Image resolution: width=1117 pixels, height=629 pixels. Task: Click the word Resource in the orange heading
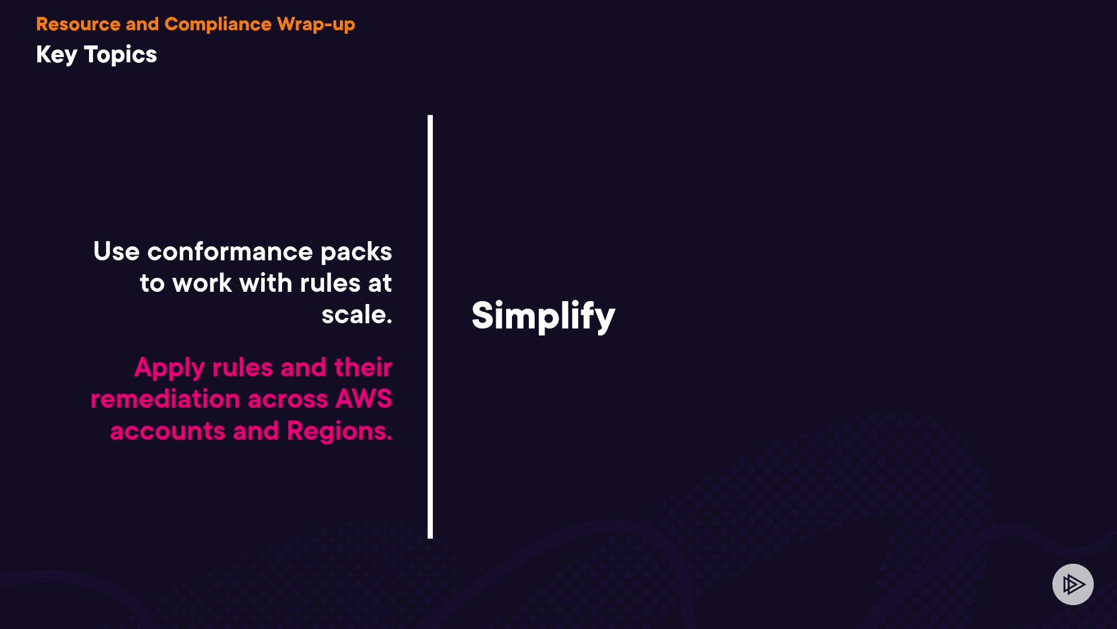(78, 24)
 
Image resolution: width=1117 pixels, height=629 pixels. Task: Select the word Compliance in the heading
(218, 24)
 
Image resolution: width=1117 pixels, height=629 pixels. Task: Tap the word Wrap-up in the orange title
(316, 24)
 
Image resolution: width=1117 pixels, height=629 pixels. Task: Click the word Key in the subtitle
(56, 55)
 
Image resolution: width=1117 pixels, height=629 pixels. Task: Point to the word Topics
(120, 55)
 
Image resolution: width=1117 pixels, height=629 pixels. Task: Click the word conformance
(230, 252)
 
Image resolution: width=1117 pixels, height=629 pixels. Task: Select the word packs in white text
(356, 252)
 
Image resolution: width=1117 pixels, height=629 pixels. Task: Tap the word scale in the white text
(354, 315)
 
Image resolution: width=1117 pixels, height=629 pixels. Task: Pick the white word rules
(330, 283)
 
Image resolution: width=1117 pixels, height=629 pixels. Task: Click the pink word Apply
(169, 368)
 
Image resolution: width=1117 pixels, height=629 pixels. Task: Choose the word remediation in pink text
(165, 399)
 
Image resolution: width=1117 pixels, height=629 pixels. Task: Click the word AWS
(364, 399)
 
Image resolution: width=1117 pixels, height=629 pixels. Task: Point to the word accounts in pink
(167, 431)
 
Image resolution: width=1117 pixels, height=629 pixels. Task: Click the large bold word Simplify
(543, 316)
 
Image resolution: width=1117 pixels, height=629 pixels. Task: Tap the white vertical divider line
(430, 326)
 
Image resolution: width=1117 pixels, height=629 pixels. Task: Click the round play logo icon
(1073, 584)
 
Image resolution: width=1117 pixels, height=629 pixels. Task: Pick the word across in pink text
(287, 399)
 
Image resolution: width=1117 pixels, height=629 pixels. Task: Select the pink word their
(363, 367)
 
